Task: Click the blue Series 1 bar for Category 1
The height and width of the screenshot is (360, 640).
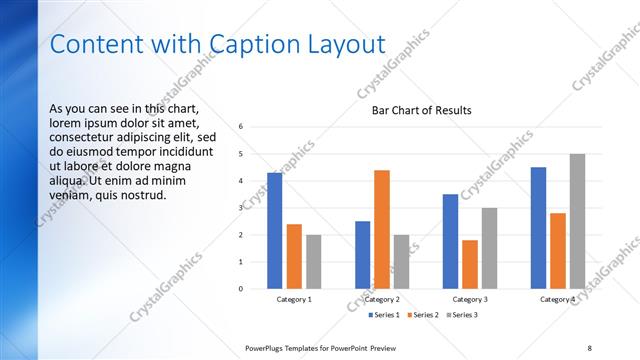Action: pyautogui.click(x=274, y=231)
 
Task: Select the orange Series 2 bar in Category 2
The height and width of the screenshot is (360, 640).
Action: pyautogui.click(x=382, y=230)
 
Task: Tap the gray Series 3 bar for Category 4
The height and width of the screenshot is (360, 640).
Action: pyautogui.click(x=578, y=222)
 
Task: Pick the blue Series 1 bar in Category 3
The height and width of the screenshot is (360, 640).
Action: pyautogui.click(x=450, y=241)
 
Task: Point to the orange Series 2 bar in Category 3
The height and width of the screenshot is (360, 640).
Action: pyautogui.click(x=470, y=264)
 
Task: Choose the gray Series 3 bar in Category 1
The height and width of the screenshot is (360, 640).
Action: pyautogui.click(x=314, y=262)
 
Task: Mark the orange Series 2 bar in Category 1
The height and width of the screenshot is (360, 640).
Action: pyautogui.click(x=294, y=256)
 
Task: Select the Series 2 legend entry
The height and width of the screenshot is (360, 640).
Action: pyautogui.click(x=422, y=315)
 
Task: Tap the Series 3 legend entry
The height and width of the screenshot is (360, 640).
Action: pyautogui.click(x=462, y=315)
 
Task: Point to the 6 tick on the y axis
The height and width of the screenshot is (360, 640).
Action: pyautogui.click(x=241, y=127)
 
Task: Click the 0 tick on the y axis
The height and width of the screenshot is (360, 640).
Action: pyautogui.click(x=241, y=289)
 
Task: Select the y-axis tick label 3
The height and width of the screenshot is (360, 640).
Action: pyautogui.click(x=241, y=208)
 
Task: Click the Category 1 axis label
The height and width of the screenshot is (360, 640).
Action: pyautogui.click(x=294, y=299)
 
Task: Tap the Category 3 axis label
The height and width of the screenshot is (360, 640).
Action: pyautogui.click(x=470, y=299)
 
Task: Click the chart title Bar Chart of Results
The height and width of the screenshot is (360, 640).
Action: pyautogui.click(x=421, y=110)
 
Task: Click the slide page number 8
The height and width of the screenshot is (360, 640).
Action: pyautogui.click(x=589, y=347)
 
